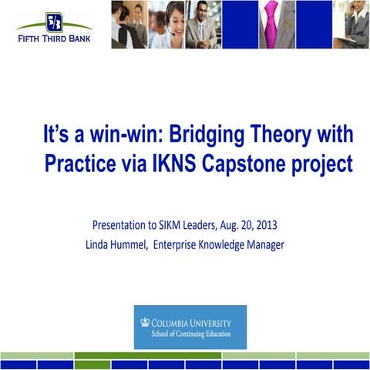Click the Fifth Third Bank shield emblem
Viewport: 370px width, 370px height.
(x=54, y=21)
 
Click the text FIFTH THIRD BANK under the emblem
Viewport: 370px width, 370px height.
(x=54, y=36)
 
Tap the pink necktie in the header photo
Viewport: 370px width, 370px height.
(x=271, y=23)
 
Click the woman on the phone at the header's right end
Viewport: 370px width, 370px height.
(x=353, y=24)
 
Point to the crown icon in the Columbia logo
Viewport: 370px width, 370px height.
(x=144, y=322)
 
